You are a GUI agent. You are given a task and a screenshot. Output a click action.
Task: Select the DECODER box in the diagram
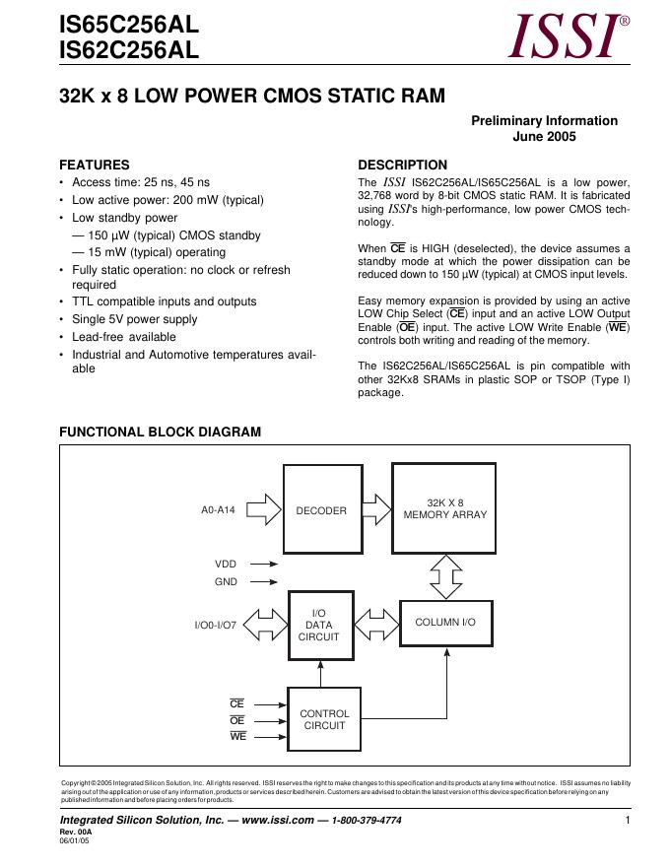tap(322, 510)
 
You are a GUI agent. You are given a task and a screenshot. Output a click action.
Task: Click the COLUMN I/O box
tap(444, 623)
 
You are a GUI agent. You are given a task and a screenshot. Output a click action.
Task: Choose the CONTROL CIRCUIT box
tap(324, 719)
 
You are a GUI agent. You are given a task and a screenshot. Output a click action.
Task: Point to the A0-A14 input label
tap(219, 510)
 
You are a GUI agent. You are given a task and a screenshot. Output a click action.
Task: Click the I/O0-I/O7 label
tap(216, 625)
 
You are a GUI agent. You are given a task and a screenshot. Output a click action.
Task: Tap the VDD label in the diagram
tap(226, 564)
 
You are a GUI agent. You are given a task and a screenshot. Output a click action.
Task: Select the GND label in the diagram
tap(226, 581)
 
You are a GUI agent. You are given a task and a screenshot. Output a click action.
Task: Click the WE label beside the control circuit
tap(237, 736)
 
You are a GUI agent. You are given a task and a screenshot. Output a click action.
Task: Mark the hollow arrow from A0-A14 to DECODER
tap(264, 510)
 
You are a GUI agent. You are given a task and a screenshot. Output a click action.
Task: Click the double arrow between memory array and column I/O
tap(445, 575)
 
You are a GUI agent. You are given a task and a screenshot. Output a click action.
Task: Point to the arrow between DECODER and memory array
tap(376, 510)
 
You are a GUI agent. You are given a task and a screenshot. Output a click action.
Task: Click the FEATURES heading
tap(95, 165)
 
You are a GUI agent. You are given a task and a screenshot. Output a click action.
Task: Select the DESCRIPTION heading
tap(402, 165)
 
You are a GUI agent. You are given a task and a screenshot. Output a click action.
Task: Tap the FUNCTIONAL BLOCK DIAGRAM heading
tap(161, 432)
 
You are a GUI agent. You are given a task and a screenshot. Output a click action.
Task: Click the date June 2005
tap(544, 137)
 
